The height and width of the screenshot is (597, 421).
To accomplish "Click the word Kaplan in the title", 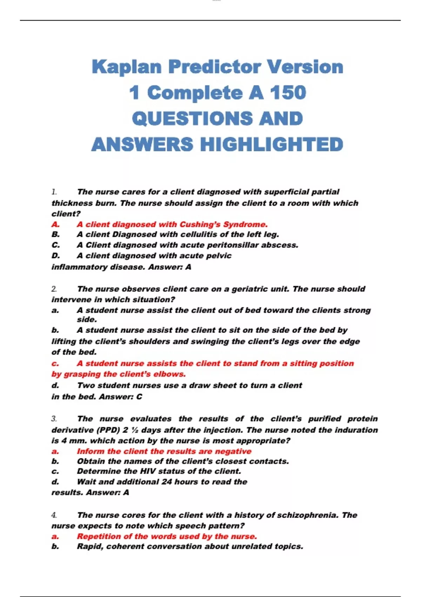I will tap(127, 67).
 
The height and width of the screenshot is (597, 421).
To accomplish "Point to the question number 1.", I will tap(54, 192).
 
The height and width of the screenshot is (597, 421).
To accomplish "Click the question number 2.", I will tap(54, 289).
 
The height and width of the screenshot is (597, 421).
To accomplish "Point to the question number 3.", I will tap(54, 419).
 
